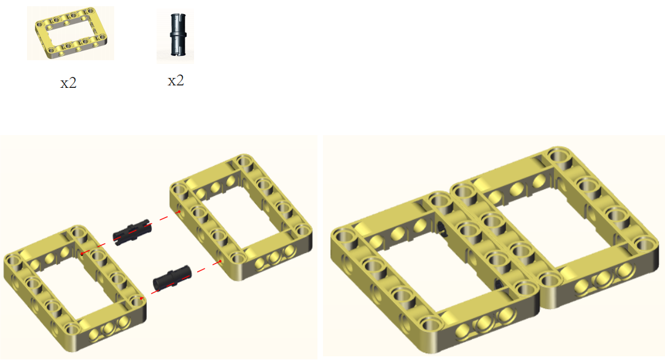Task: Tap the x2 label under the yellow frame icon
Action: [68, 83]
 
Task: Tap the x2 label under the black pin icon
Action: [176, 80]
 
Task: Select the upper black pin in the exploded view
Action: [132, 232]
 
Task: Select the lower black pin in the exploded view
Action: [172, 278]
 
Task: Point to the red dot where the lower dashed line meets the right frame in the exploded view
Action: [220, 261]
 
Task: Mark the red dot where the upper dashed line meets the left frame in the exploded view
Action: [82, 254]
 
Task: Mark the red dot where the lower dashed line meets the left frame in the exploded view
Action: [142, 299]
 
